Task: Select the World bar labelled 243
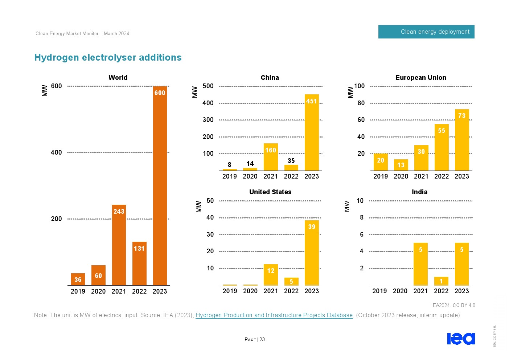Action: point(119,245)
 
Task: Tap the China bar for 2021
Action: point(271,157)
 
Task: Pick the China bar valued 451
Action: point(312,132)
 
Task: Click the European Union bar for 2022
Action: point(442,147)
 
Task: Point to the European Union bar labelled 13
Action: point(401,165)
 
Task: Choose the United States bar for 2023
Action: point(312,253)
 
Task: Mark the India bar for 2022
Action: point(441,281)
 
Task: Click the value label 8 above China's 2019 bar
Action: point(229,165)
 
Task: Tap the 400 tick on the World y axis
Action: point(56,152)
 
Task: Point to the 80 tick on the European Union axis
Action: point(361,103)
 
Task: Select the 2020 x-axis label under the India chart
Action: point(400,291)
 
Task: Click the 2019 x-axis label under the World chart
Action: point(78,291)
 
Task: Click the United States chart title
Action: point(270,192)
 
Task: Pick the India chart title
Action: point(419,192)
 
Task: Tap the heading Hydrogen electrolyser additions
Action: point(108,57)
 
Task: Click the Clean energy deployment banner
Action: point(426,32)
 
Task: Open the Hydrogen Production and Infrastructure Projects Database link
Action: point(274,315)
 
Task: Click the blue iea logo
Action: point(461,339)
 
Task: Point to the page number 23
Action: point(262,339)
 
